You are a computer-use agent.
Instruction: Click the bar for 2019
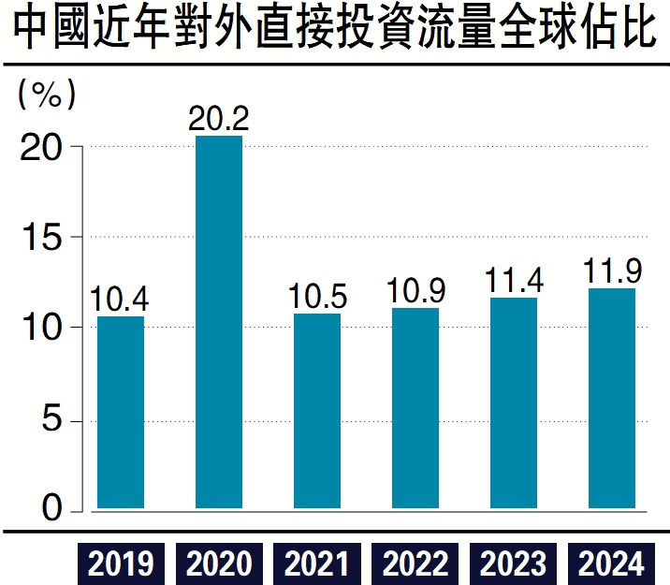121,413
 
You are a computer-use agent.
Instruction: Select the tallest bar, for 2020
219,323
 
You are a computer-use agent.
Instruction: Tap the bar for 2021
316,411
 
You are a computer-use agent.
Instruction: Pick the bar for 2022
415,408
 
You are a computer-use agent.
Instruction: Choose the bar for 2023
513,403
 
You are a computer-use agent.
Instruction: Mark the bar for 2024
611,399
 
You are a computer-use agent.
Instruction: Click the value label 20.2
219,119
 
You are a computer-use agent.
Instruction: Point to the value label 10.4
121,300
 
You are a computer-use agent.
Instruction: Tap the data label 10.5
316,297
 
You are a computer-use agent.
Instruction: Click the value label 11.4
513,281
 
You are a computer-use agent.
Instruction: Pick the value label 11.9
611,272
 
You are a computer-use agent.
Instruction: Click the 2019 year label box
121,563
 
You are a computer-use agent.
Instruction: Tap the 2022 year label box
415,563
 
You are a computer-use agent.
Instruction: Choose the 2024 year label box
611,563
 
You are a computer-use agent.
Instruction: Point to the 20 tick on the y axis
42,147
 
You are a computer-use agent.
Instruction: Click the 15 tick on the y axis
42,238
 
